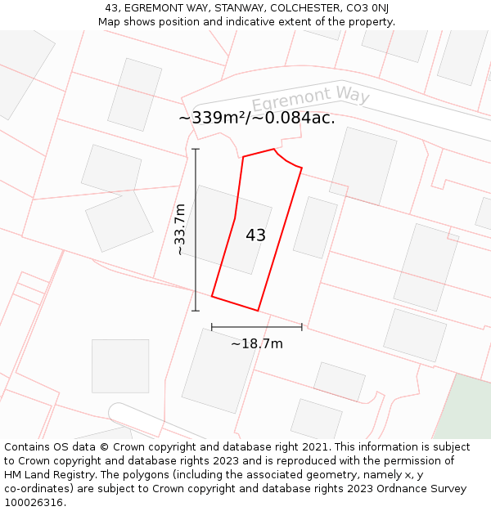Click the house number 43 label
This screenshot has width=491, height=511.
pyautogui.click(x=255, y=235)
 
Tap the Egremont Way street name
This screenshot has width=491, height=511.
pyautogui.click(x=311, y=97)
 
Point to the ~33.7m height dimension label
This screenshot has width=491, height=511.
pyautogui.click(x=180, y=230)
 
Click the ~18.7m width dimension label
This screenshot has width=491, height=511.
pyautogui.click(x=256, y=343)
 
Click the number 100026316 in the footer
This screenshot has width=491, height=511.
pyautogui.click(x=34, y=502)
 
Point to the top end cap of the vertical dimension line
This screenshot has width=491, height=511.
pyautogui.click(x=196, y=150)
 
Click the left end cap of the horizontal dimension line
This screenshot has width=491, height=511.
pyautogui.click(x=212, y=326)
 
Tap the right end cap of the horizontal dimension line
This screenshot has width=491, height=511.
pyautogui.click(x=302, y=326)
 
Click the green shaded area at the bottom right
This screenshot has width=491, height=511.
pyautogui.click(x=465, y=409)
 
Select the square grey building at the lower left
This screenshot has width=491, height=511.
pyautogui.click(x=120, y=365)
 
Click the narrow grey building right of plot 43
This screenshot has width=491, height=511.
pyautogui.click(x=315, y=227)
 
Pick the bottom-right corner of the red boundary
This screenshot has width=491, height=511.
pyautogui.click(x=258, y=311)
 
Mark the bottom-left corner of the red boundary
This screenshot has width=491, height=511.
pyautogui.click(x=212, y=296)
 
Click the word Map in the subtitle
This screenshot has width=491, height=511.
pyautogui.click(x=110, y=21)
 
